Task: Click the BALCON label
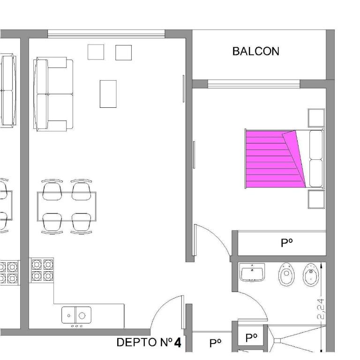click(255, 51)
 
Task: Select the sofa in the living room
click(53, 94)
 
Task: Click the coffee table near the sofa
click(108, 94)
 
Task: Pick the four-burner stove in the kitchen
click(43, 270)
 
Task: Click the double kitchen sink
click(76, 315)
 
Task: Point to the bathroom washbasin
click(252, 272)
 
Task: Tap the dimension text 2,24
click(321, 309)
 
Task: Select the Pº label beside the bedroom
click(286, 243)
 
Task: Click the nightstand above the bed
click(316, 118)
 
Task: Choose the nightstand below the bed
click(316, 199)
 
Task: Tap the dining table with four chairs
click(67, 206)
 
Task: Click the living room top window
click(106, 33)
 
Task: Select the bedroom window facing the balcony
click(253, 83)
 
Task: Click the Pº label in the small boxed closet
click(251, 337)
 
